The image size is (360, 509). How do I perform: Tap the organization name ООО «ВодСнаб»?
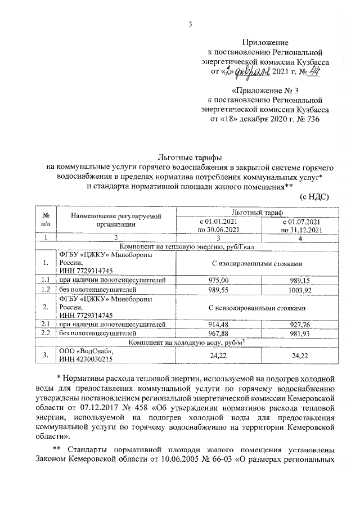[83, 350]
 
